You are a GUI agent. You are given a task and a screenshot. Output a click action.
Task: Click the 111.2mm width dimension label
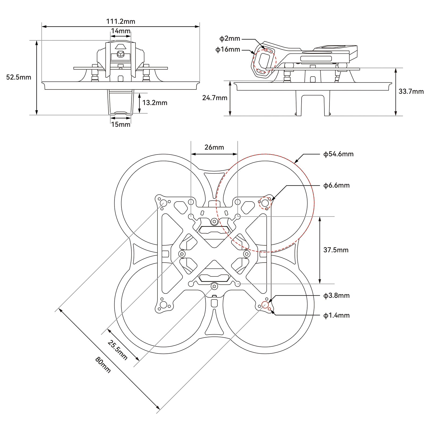(121, 21)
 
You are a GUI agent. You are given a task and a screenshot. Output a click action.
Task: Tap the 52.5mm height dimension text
(19, 77)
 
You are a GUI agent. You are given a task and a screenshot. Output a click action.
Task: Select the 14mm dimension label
(121, 31)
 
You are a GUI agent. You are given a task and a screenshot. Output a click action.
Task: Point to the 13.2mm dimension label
(155, 103)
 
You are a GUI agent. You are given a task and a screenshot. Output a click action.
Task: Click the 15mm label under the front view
(121, 124)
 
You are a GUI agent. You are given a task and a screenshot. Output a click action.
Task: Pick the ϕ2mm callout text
(230, 39)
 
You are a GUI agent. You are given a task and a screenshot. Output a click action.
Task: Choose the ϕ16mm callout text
(228, 49)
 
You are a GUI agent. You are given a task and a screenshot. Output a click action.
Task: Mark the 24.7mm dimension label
(215, 98)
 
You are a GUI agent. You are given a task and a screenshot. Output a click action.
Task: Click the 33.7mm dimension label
(411, 91)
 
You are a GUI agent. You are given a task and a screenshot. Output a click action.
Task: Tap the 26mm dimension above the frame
(214, 147)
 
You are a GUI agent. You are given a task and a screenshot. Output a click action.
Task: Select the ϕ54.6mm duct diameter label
(338, 154)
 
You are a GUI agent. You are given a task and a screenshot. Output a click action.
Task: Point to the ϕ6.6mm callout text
(336, 185)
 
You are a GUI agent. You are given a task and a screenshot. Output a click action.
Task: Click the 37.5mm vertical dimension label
(336, 250)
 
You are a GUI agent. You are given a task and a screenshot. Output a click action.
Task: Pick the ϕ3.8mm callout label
(336, 296)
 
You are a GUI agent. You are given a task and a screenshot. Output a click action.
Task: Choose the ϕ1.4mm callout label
(336, 315)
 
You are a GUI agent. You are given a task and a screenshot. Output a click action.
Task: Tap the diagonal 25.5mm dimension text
(117, 350)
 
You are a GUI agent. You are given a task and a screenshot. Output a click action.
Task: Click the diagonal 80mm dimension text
(103, 365)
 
